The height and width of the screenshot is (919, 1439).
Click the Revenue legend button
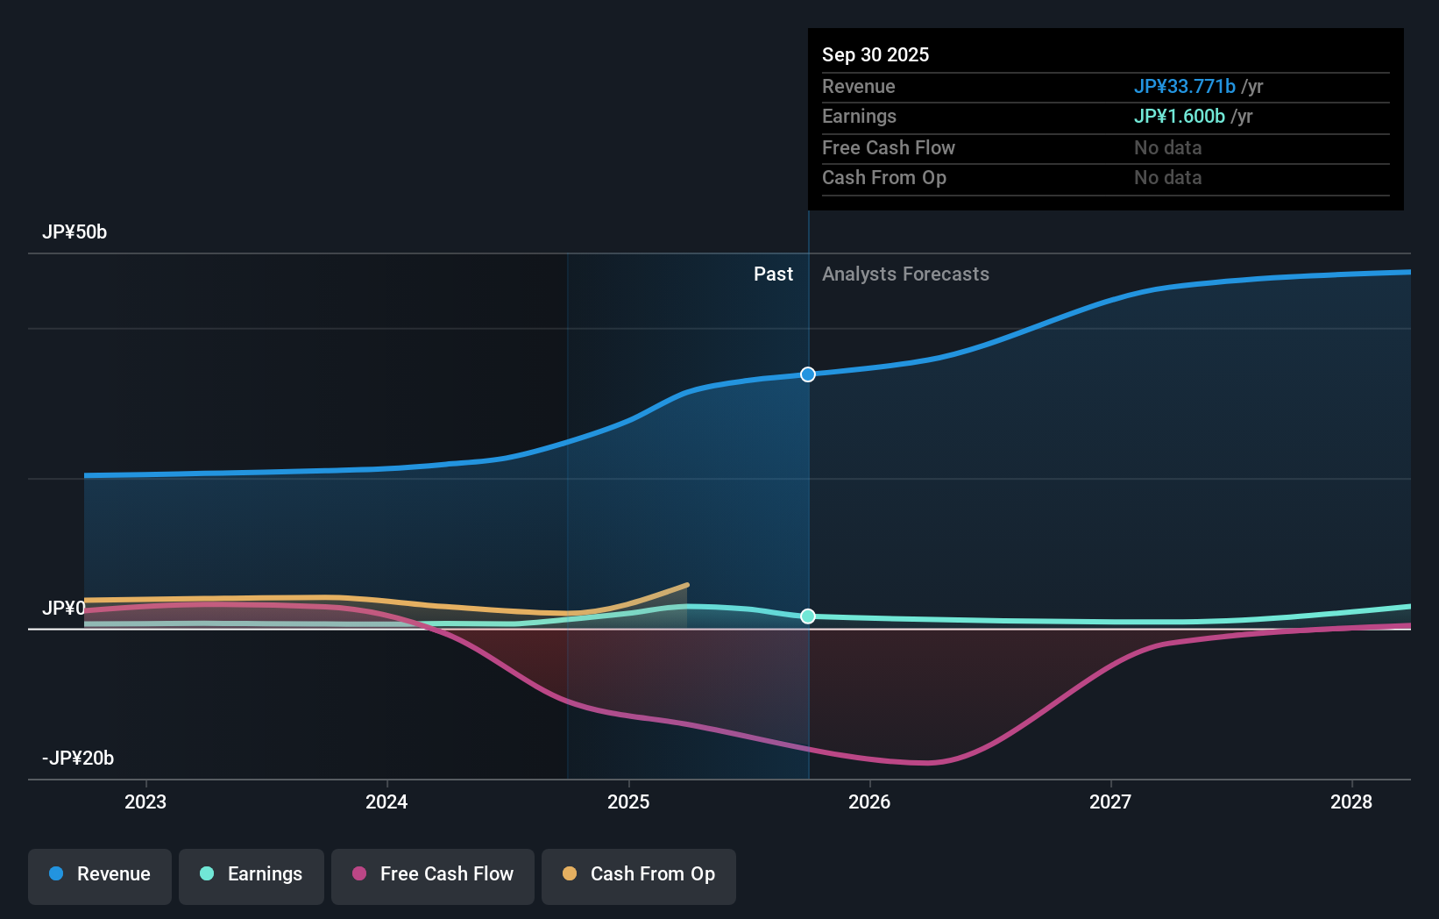click(100, 874)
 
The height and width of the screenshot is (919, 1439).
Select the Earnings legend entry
click(252, 874)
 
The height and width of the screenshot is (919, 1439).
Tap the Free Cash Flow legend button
click(433, 874)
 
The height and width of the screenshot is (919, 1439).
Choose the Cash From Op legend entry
click(639, 874)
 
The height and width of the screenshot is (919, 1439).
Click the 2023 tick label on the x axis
click(145, 801)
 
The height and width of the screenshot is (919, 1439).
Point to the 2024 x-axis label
click(386, 801)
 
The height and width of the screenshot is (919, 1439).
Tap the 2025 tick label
click(628, 801)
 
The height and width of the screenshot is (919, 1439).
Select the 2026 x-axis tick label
click(869, 801)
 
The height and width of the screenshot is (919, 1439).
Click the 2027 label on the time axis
click(1110, 801)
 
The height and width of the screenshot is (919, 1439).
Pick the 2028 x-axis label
click(1351, 801)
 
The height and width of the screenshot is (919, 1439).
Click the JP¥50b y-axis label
click(74, 232)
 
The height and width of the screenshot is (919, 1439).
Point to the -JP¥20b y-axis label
click(78, 759)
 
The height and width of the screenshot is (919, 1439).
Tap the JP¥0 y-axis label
click(64, 609)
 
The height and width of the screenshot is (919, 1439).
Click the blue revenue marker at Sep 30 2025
click(808, 374)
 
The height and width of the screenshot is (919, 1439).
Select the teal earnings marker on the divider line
click(808, 616)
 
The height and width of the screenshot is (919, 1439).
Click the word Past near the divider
click(773, 274)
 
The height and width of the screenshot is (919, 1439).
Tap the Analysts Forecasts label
click(905, 274)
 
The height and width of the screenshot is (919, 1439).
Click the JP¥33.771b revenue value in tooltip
click(1184, 87)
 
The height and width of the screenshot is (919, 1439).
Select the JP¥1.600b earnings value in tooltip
click(1179, 117)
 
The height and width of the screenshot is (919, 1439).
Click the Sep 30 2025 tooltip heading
click(875, 55)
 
